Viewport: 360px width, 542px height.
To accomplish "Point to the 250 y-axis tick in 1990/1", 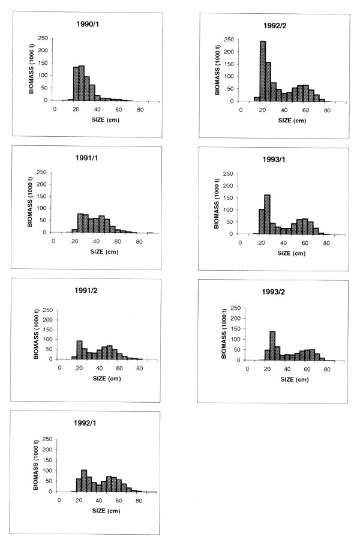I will click(43, 38).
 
